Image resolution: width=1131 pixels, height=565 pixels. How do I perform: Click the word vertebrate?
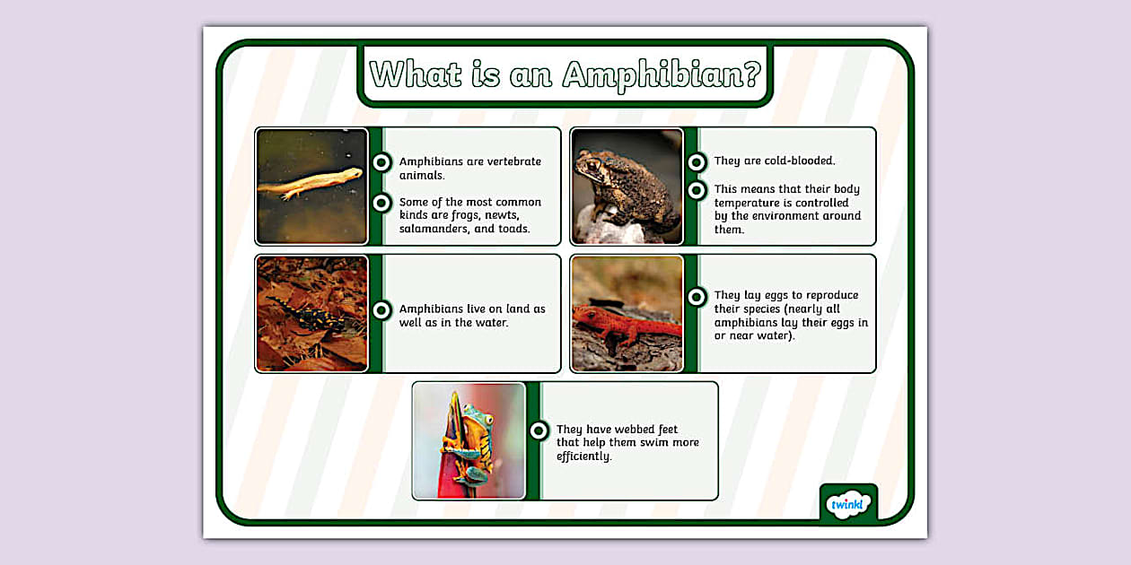click(x=512, y=162)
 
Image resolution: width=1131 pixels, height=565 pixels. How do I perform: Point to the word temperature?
click(x=751, y=203)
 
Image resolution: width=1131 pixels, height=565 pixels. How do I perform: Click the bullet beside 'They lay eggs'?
click(x=696, y=297)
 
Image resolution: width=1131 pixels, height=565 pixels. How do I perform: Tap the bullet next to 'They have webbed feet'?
click(x=539, y=430)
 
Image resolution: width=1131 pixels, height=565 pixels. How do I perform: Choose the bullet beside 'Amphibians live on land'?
click(x=381, y=310)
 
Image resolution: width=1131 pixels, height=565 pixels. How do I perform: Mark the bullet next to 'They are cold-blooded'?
click(x=696, y=162)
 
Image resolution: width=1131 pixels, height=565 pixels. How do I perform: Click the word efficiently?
click(x=583, y=456)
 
